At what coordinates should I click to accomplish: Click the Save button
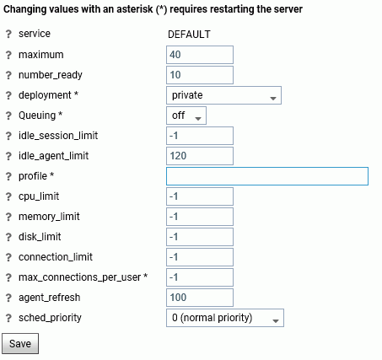[x=20, y=343]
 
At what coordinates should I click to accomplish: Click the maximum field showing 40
[x=200, y=55]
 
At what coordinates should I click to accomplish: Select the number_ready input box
[x=200, y=75]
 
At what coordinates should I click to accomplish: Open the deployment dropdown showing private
[x=223, y=95]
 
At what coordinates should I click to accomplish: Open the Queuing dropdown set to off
[x=186, y=116]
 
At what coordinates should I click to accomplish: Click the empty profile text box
[x=267, y=176]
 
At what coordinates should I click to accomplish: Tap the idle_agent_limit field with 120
[x=200, y=156]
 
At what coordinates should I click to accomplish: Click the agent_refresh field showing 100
[x=200, y=298]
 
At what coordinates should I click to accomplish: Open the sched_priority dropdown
[x=225, y=318]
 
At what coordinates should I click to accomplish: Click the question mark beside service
[x=8, y=34]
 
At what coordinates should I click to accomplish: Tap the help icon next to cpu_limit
[x=8, y=196]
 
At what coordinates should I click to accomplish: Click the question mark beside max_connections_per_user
[x=8, y=277]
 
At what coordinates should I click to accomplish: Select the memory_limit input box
[x=200, y=217]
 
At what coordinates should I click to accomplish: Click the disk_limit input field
[x=200, y=237]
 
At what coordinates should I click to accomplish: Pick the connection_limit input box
[x=200, y=257]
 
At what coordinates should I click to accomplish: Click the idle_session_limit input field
[x=200, y=136]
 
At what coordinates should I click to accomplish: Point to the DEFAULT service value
[x=189, y=35]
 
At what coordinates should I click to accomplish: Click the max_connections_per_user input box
[x=200, y=277]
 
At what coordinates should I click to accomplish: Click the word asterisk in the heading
[x=135, y=9]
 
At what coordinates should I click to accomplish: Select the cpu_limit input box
[x=200, y=196]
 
